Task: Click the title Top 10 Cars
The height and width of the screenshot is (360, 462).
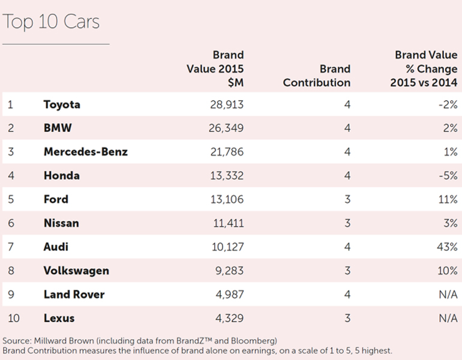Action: pos(51,22)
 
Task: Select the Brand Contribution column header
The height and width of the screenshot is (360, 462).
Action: pos(316,76)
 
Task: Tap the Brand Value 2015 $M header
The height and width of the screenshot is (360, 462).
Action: pos(215,69)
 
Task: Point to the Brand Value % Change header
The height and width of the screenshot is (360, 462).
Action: pos(424,69)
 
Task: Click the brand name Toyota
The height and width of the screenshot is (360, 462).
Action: pos(62,104)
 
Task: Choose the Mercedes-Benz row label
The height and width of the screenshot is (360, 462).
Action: pos(85,152)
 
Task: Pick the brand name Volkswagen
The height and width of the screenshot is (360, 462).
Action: pos(76,271)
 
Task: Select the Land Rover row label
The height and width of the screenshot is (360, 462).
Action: pos(74,294)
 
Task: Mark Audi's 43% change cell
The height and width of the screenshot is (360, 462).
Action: pos(447,247)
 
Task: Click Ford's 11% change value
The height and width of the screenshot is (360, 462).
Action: pos(448,199)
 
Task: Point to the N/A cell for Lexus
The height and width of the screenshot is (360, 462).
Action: pos(448,318)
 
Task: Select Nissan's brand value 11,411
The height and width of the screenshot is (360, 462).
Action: pos(226,223)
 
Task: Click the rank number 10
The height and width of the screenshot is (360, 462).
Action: pos(13,318)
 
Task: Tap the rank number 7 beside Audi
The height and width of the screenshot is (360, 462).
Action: pos(10,247)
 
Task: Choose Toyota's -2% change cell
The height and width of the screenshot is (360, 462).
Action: pos(448,104)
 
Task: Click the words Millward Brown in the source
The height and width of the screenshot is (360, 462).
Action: pos(61,341)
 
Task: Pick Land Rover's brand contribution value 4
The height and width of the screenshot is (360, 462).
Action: pos(347,294)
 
